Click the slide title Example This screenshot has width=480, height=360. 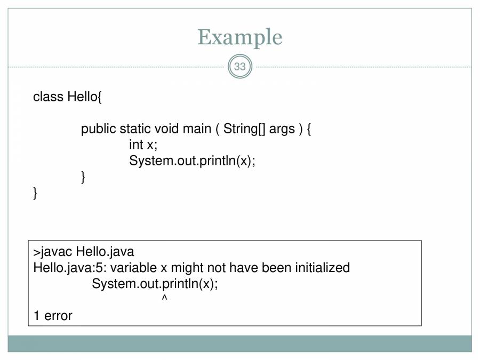click(239, 37)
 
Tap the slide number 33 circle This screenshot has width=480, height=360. click(240, 67)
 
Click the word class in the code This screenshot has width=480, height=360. click(48, 97)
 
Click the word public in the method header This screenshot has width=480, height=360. click(99, 129)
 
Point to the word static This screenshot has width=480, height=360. click(135, 129)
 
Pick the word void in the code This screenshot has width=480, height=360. click(166, 129)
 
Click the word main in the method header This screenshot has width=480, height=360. click(197, 129)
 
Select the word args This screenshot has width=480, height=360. click(282, 129)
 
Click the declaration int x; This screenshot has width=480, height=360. click(143, 145)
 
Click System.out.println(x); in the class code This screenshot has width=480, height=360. click(192, 161)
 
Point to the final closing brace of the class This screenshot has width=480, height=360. click(36, 193)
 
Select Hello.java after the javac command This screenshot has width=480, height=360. click(105, 252)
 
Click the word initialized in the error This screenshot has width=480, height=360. click(322, 268)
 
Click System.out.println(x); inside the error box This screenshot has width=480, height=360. click(155, 284)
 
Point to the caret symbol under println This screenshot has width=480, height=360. click(164, 299)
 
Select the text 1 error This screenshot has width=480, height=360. click(52, 316)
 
